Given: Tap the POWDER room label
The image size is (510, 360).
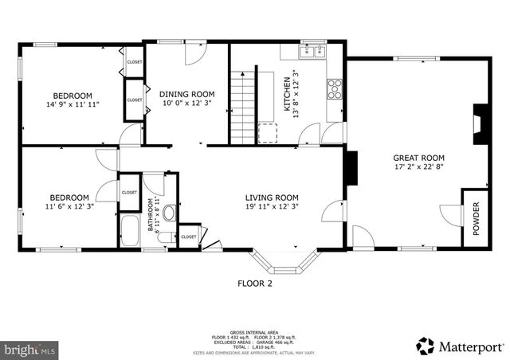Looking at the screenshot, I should tap(477, 219).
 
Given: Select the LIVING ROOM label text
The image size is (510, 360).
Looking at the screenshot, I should tap(271, 198).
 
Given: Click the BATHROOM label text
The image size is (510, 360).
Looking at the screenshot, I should tap(149, 215).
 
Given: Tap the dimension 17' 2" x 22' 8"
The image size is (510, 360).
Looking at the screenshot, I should tap(418, 167).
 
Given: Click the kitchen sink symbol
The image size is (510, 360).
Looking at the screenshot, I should tap(314, 53).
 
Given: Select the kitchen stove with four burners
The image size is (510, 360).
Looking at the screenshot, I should tap(334, 87).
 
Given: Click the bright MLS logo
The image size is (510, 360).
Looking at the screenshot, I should tap(30, 349).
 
